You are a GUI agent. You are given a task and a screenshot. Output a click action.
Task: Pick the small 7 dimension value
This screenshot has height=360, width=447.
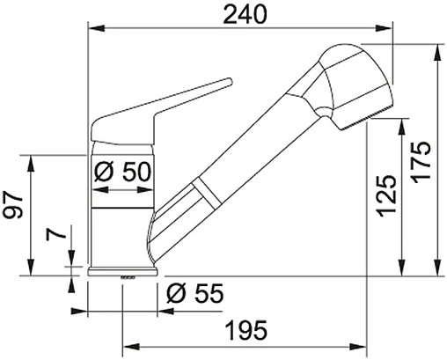(x=55, y=236)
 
